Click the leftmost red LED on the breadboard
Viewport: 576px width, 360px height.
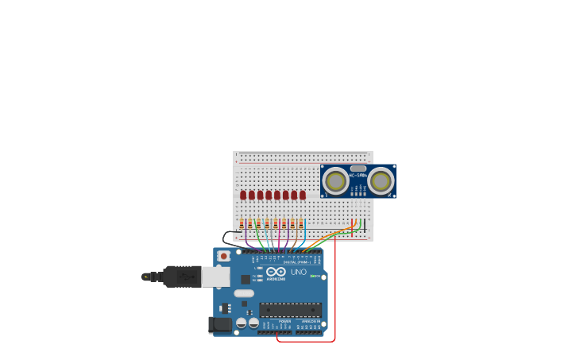pyautogui.click(x=243, y=195)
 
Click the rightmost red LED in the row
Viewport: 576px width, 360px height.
pyautogui.click(x=303, y=195)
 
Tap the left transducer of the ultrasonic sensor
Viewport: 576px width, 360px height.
pyautogui.click(x=335, y=181)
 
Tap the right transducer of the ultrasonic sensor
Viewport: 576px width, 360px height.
pyautogui.click(x=381, y=181)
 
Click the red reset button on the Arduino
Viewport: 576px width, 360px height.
pyautogui.click(x=224, y=256)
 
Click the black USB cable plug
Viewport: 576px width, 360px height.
pyautogui.click(x=182, y=277)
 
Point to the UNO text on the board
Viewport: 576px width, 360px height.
pyautogui.click(x=299, y=272)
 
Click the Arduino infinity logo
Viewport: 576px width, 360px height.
pyautogui.click(x=276, y=271)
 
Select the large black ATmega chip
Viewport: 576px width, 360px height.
pyautogui.click(x=290, y=309)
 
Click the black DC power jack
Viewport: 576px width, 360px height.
pyautogui.click(x=218, y=324)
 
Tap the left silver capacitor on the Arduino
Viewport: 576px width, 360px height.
pyautogui.click(x=241, y=323)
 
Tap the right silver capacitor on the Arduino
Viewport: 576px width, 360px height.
pyautogui.click(x=253, y=323)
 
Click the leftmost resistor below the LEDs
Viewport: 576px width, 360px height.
pyautogui.click(x=242, y=224)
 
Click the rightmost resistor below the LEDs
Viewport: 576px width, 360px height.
pyautogui.click(x=301, y=224)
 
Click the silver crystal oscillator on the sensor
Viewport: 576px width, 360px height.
pyautogui.click(x=358, y=168)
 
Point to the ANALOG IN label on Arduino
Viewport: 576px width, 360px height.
pyautogui.click(x=309, y=321)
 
